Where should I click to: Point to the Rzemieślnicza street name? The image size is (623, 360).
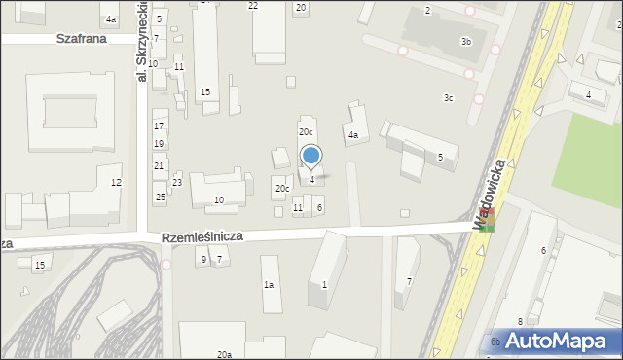click(202, 236)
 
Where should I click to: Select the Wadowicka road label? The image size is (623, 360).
click(493, 193)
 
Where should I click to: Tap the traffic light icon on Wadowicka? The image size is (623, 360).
click(486, 220)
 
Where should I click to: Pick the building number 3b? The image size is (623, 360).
click(466, 42)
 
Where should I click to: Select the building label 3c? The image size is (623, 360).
click(448, 97)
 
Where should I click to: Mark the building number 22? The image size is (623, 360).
click(253, 6)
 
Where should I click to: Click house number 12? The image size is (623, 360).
click(116, 183)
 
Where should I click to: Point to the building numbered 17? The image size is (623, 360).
click(159, 126)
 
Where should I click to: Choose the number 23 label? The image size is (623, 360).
click(177, 183)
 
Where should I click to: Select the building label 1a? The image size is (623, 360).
click(269, 285)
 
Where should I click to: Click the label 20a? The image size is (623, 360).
click(224, 355)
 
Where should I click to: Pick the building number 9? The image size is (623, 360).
click(203, 259)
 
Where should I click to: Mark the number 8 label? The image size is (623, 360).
click(521, 321)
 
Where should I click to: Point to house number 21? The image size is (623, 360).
click(159, 166)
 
